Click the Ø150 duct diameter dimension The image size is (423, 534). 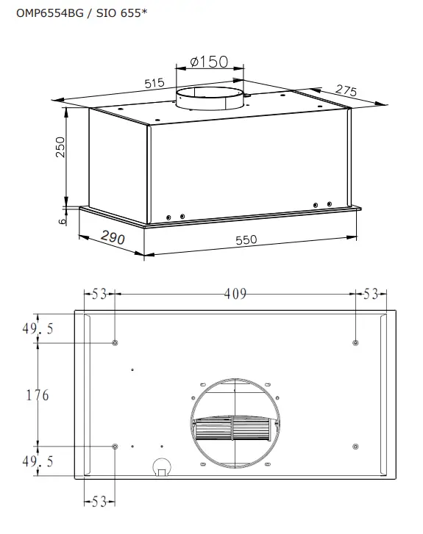[209, 62]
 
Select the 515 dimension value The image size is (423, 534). [154, 84]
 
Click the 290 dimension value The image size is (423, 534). [113, 239]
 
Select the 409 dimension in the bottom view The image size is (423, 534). [235, 294]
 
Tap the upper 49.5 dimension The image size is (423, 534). [36, 329]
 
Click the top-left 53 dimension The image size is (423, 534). [99, 294]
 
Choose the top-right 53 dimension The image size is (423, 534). [370, 294]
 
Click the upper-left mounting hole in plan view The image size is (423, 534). [115, 343]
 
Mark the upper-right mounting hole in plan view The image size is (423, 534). [356, 343]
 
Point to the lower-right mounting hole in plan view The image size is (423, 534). [356, 447]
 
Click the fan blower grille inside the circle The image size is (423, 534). [235, 429]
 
